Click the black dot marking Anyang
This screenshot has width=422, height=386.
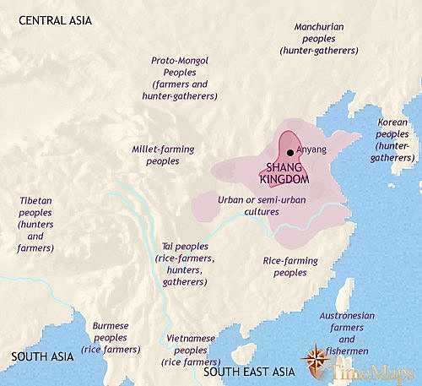pyautogui.click(x=290, y=152)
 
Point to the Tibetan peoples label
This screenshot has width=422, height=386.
pyautogui.click(x=35, y=224)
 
